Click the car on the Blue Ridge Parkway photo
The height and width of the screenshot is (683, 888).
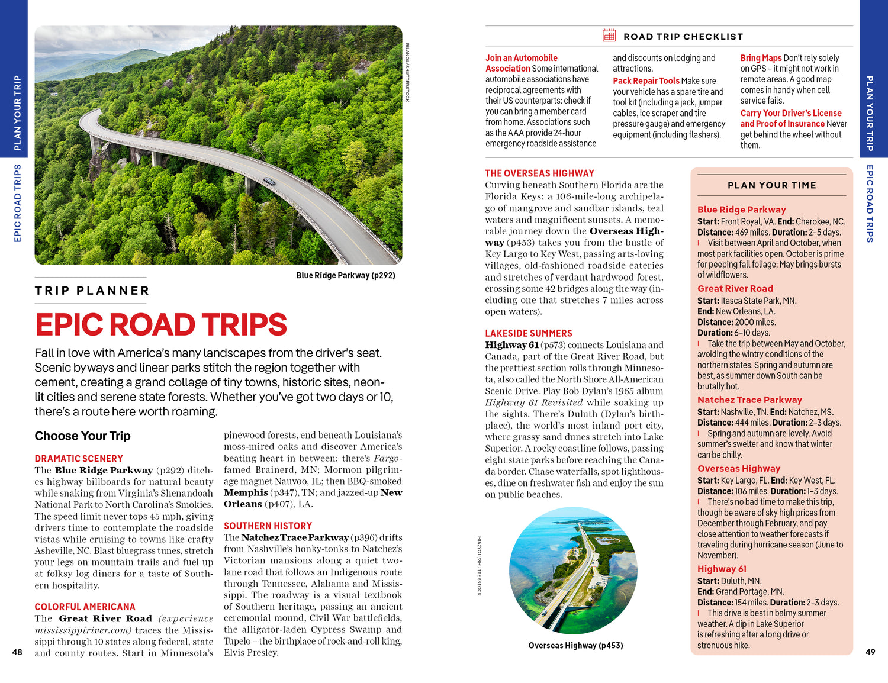[269, 181]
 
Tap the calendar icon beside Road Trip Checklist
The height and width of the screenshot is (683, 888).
[609, 36]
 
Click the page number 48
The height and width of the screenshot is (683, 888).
[17, 652]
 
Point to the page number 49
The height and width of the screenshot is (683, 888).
[870, 652]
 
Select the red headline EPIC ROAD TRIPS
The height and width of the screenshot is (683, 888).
[161, 324]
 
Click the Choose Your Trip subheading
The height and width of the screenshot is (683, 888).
[82, 436]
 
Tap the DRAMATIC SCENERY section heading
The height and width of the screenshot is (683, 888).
[79, 459]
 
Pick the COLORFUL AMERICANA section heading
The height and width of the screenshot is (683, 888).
[85, 607]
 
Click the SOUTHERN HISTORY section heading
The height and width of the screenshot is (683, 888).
[268, 526]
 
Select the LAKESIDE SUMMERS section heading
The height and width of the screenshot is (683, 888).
[528, 333]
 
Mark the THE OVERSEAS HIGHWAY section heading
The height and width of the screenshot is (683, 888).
[539, 173]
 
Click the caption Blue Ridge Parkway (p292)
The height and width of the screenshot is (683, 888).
[346, 275]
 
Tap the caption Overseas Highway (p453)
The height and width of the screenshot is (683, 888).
[575, 645]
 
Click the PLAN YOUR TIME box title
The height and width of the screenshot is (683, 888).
[771, 185]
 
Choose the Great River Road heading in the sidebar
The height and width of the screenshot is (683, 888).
[735, 289]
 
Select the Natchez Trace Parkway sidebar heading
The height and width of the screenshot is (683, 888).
[749, 400]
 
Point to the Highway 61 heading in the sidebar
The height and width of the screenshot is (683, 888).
[722, 569]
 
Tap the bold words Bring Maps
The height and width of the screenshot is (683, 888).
[761, 58]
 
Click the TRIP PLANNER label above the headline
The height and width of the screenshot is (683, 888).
[92, 291]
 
